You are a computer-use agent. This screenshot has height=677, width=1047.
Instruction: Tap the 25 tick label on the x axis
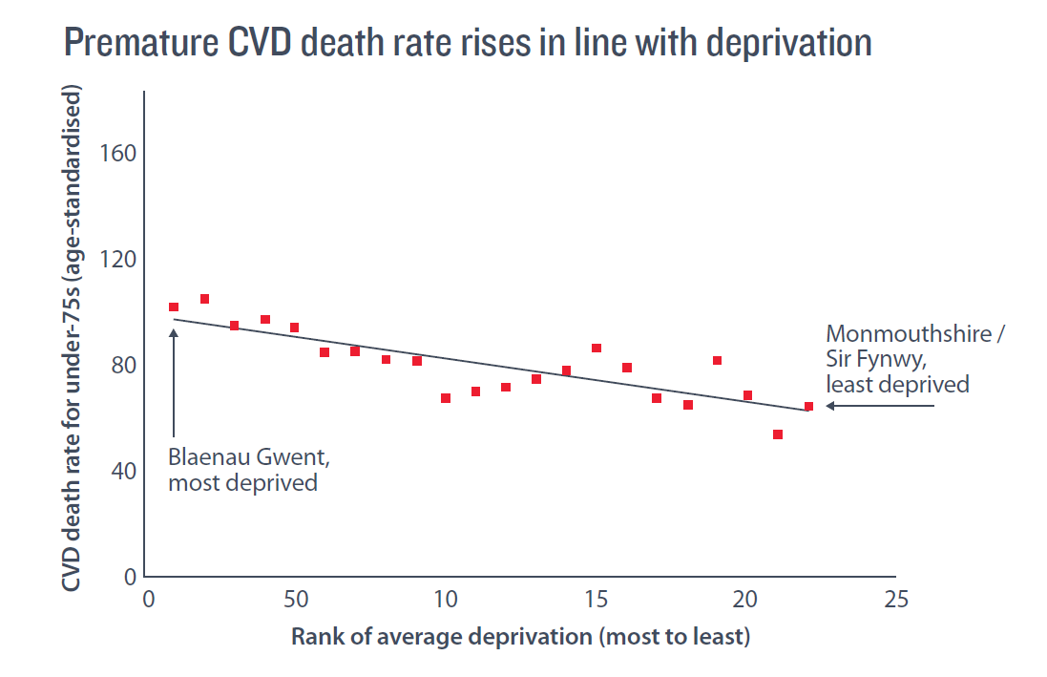tap(895, 600)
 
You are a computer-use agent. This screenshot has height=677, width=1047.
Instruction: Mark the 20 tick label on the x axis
tap(746, 600)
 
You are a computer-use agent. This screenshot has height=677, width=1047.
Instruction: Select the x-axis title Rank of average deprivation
tap(520, 637)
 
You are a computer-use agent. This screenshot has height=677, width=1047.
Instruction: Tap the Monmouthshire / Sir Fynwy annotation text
tap(914, 359)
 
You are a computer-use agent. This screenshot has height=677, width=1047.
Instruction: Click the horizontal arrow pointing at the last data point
tap(878, 406)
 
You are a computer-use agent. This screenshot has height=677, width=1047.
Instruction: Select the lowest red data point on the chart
tap(778, 434)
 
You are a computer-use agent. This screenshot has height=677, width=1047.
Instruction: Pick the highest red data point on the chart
tap(204, 299)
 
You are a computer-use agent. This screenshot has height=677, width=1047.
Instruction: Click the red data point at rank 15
tap(597, 349)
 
